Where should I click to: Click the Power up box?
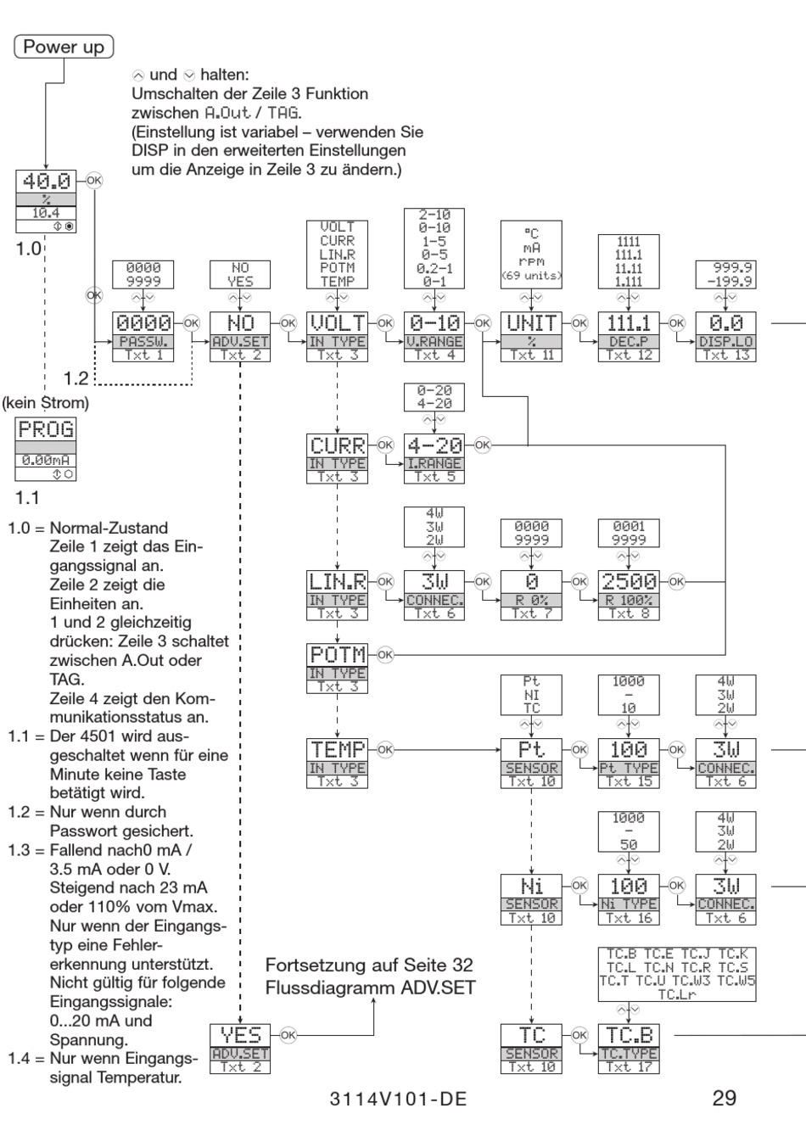point(64,47)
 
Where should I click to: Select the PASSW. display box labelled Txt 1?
point(143,337)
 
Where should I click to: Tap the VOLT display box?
point(337,337)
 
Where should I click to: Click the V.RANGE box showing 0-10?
point(434,337)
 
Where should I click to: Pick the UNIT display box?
point(531,337)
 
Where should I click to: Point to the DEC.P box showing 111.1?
point(628,337)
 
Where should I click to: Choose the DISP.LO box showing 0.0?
point(725,337)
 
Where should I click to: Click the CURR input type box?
point(337,458)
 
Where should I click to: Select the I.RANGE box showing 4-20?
point(434,458)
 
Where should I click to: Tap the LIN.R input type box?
point(337,595)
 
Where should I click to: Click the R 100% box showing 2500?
point(628,595)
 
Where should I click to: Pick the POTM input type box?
point(337,669)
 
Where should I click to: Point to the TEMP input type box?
point(337,763)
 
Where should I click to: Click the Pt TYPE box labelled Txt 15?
point(628,763)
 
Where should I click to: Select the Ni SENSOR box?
point(531,899)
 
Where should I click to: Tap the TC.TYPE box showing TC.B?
point(628,1048)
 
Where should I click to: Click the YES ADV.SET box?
point(240,1048)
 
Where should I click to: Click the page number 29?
point(724,1098)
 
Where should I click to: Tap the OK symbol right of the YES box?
point(288,1034)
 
